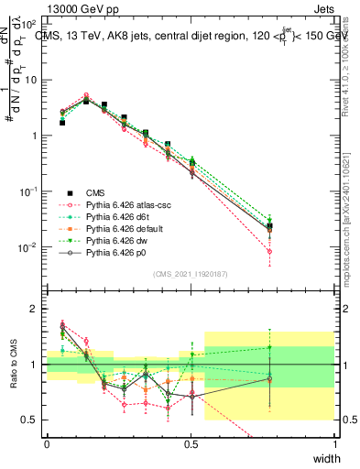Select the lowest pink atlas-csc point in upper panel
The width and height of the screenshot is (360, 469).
tap(268, 251)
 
